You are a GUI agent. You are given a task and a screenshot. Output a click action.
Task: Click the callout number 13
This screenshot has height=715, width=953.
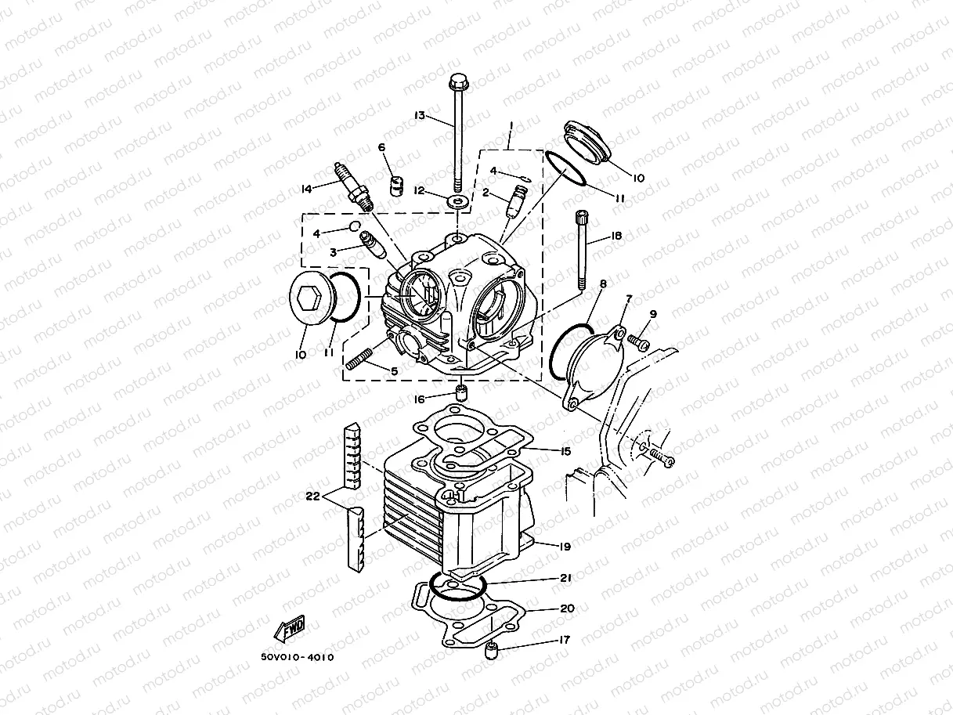click(420, 116)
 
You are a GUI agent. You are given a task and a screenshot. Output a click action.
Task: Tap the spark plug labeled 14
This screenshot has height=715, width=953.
click(354, 186)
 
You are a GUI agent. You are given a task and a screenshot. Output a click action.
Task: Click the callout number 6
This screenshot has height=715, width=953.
click(381, 147)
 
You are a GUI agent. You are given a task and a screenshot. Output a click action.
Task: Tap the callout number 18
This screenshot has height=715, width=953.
click(616, 236)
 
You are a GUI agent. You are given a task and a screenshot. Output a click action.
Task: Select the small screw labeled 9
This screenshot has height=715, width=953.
click(638, 341)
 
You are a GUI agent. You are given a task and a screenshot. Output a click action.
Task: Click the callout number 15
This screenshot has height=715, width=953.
click(565, 451)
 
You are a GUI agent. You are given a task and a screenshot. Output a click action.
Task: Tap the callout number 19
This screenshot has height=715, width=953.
click(565, 547)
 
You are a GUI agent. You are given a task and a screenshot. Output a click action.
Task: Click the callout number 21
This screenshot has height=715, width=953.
click(565, 578)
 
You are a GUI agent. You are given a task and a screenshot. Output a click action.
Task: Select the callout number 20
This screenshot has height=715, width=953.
click(567, 608)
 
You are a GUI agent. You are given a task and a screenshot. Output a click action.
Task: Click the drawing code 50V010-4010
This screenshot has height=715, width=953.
click(298, 657)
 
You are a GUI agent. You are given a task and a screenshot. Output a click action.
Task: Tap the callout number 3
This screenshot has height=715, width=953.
click(333, 252)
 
